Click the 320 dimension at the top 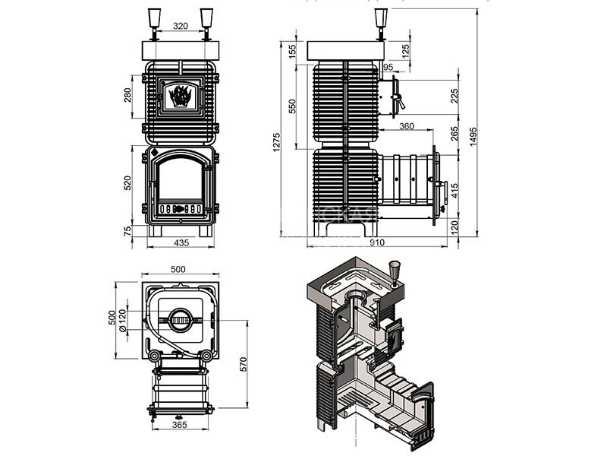(180, 24)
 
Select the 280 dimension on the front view (127, 94)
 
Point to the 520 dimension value (127, 183)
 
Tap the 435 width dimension (181, 242)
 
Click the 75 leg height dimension (127, 230)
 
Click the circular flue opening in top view (180, 321)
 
